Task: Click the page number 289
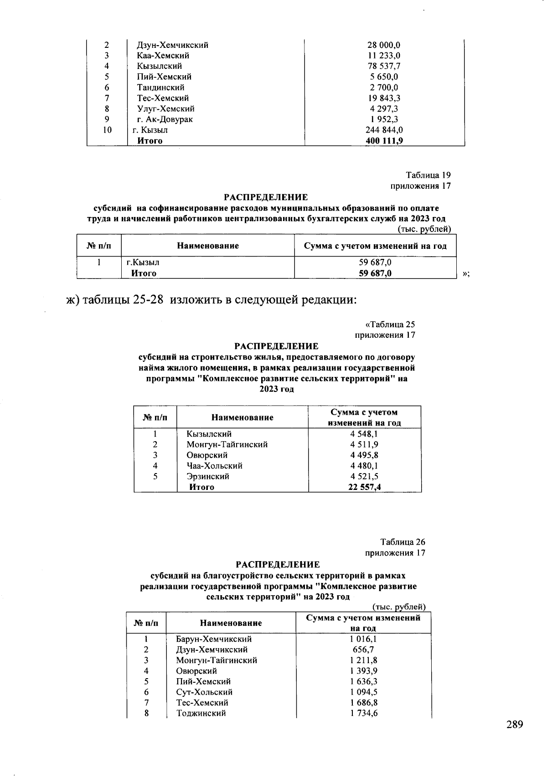[x=514, y=725]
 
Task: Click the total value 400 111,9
[x=384, y=141]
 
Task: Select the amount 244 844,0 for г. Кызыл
[x=384, y=130]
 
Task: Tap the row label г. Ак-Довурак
[x=165, y=119]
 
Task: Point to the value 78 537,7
[x=384, y=67]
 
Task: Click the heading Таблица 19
[x=428, y=175]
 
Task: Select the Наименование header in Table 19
[x=208, y=246]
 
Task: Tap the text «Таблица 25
[x=390, y=325]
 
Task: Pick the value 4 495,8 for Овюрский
[x=364, y=455]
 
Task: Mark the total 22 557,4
[x=364, y=487]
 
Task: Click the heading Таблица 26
[x=403, y=542]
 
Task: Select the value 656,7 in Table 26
[x=363, y=649]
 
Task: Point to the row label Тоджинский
[x=201, y=713]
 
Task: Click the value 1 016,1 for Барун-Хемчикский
[x=363, y=639]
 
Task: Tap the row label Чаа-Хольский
[x=214, y=466]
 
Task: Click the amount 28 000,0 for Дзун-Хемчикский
[x=384, y=45]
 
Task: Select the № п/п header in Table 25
[x=155, y=417]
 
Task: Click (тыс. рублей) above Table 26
[x=399, y=607]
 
